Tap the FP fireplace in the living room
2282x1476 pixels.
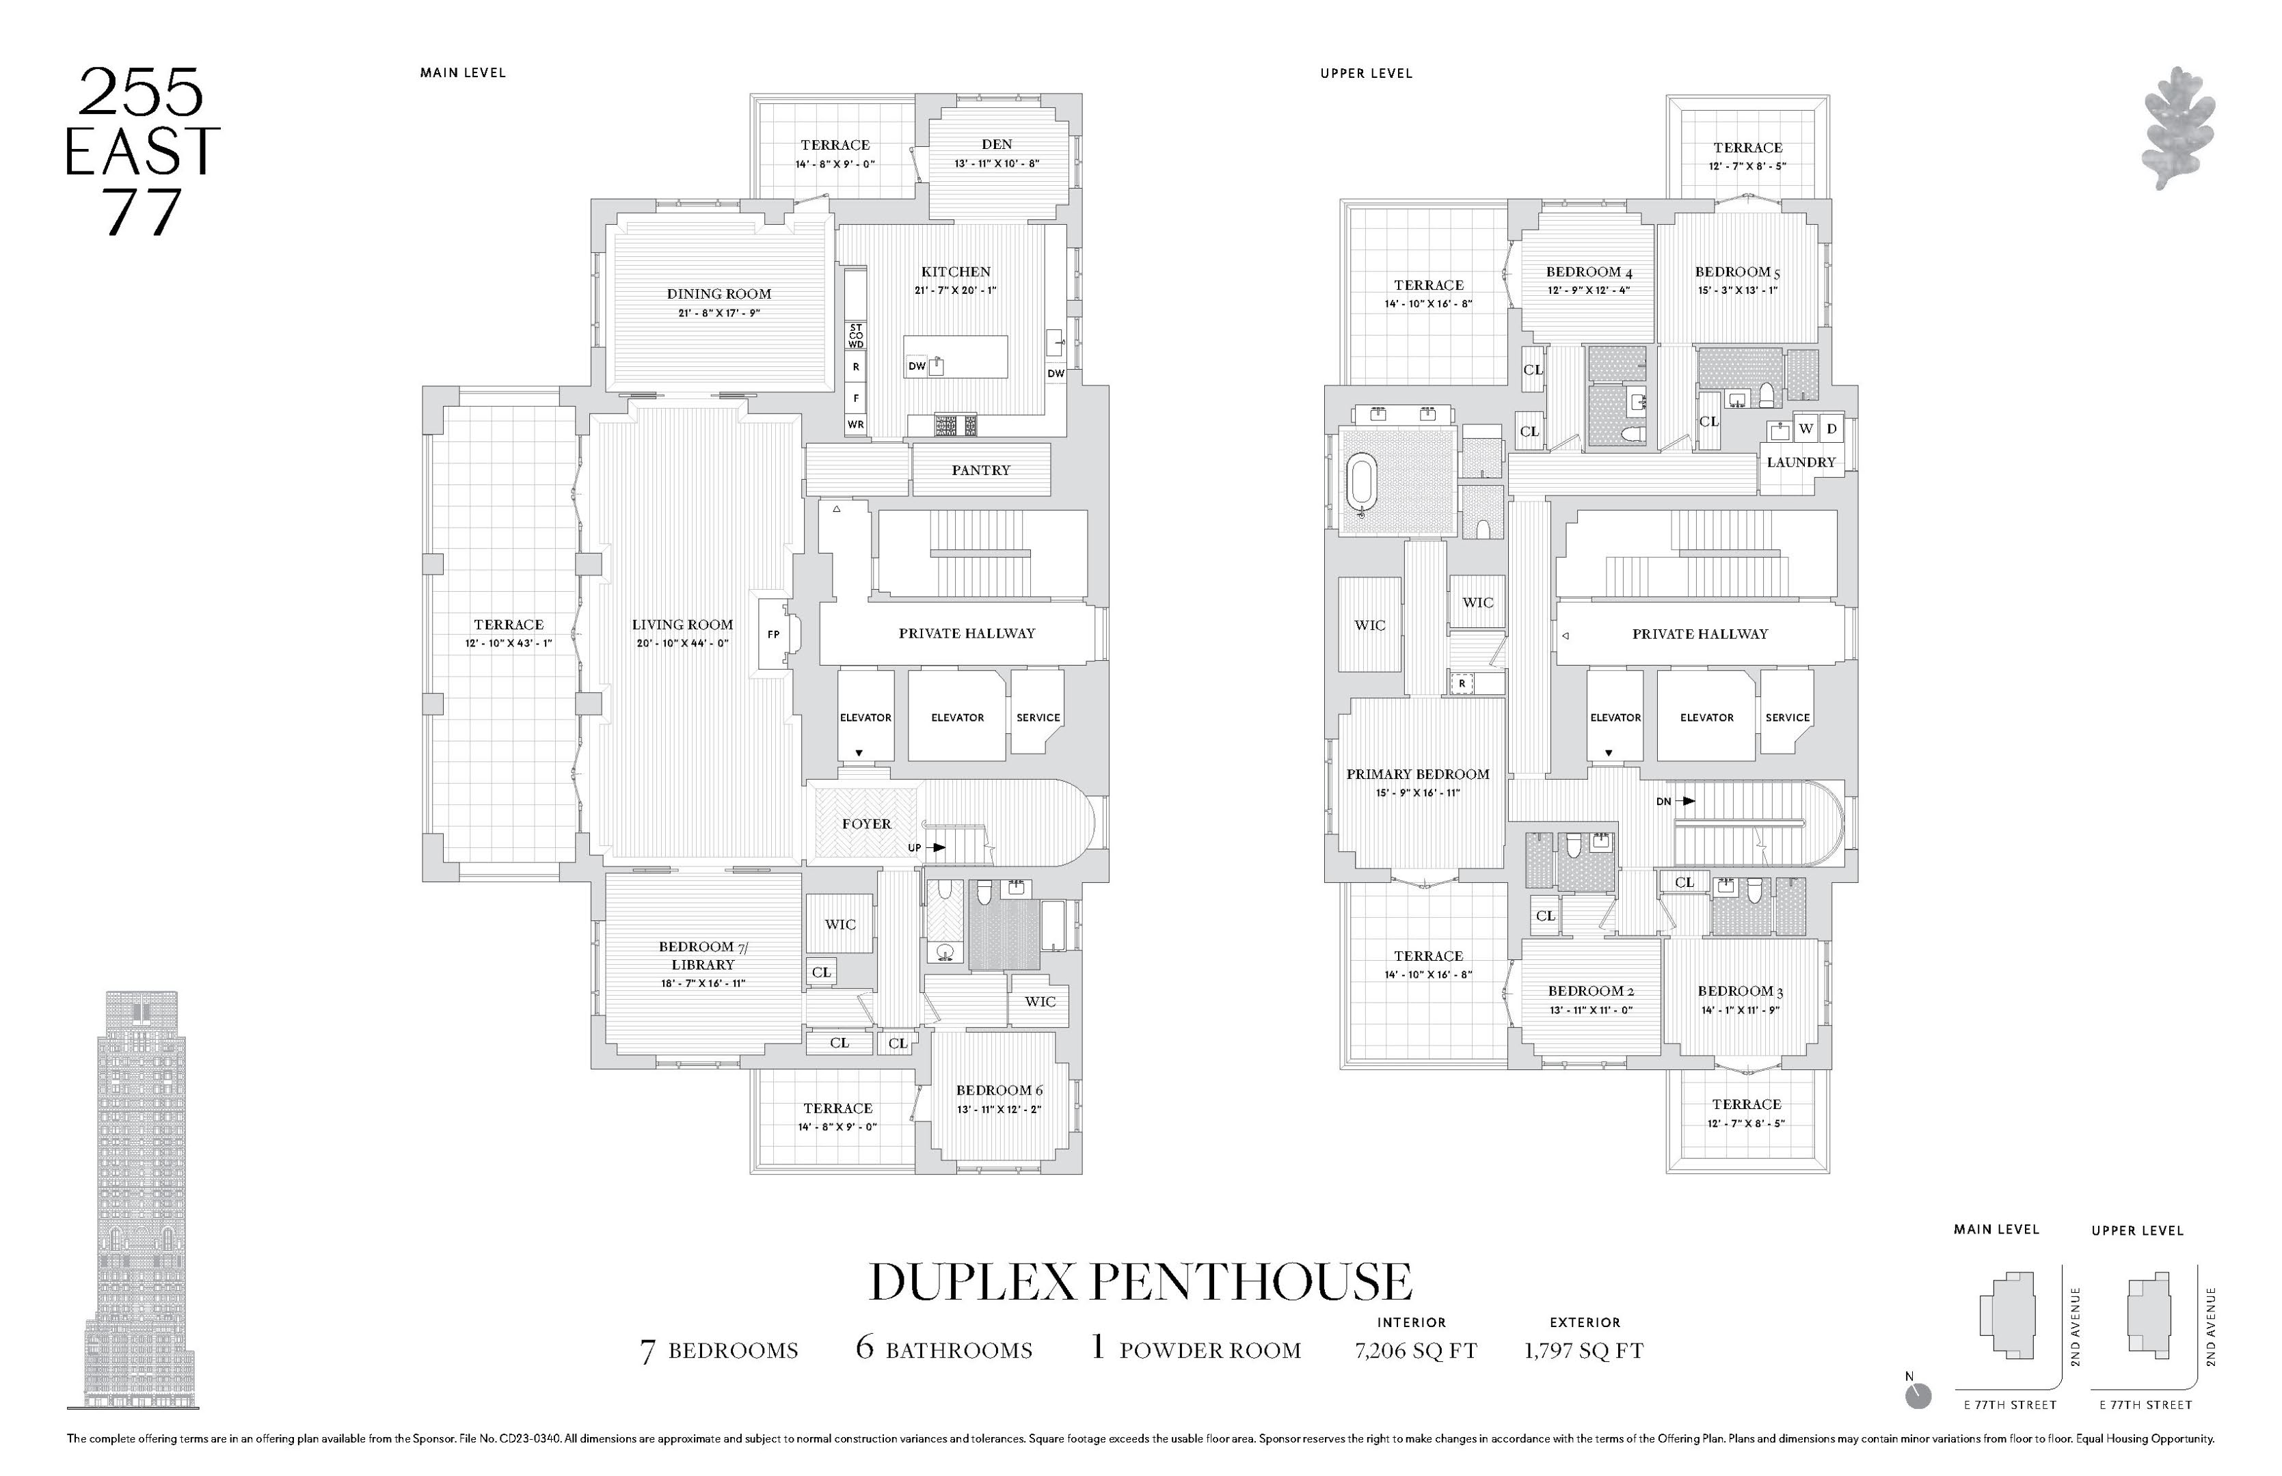coord(773,635)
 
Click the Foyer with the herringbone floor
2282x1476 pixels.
coord(865,824)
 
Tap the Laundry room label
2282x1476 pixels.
coord(1801,462)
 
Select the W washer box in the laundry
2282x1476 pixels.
coord(1806,429)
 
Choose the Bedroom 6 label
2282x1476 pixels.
coord(998,1091)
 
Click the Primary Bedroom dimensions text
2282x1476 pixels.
coord(1417,793)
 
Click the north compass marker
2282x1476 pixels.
coord(1918,1397)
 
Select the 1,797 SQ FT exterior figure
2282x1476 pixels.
coord(1583,1352)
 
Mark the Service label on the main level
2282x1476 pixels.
coord(1038,718)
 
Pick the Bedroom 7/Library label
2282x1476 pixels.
coord(702,955)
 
